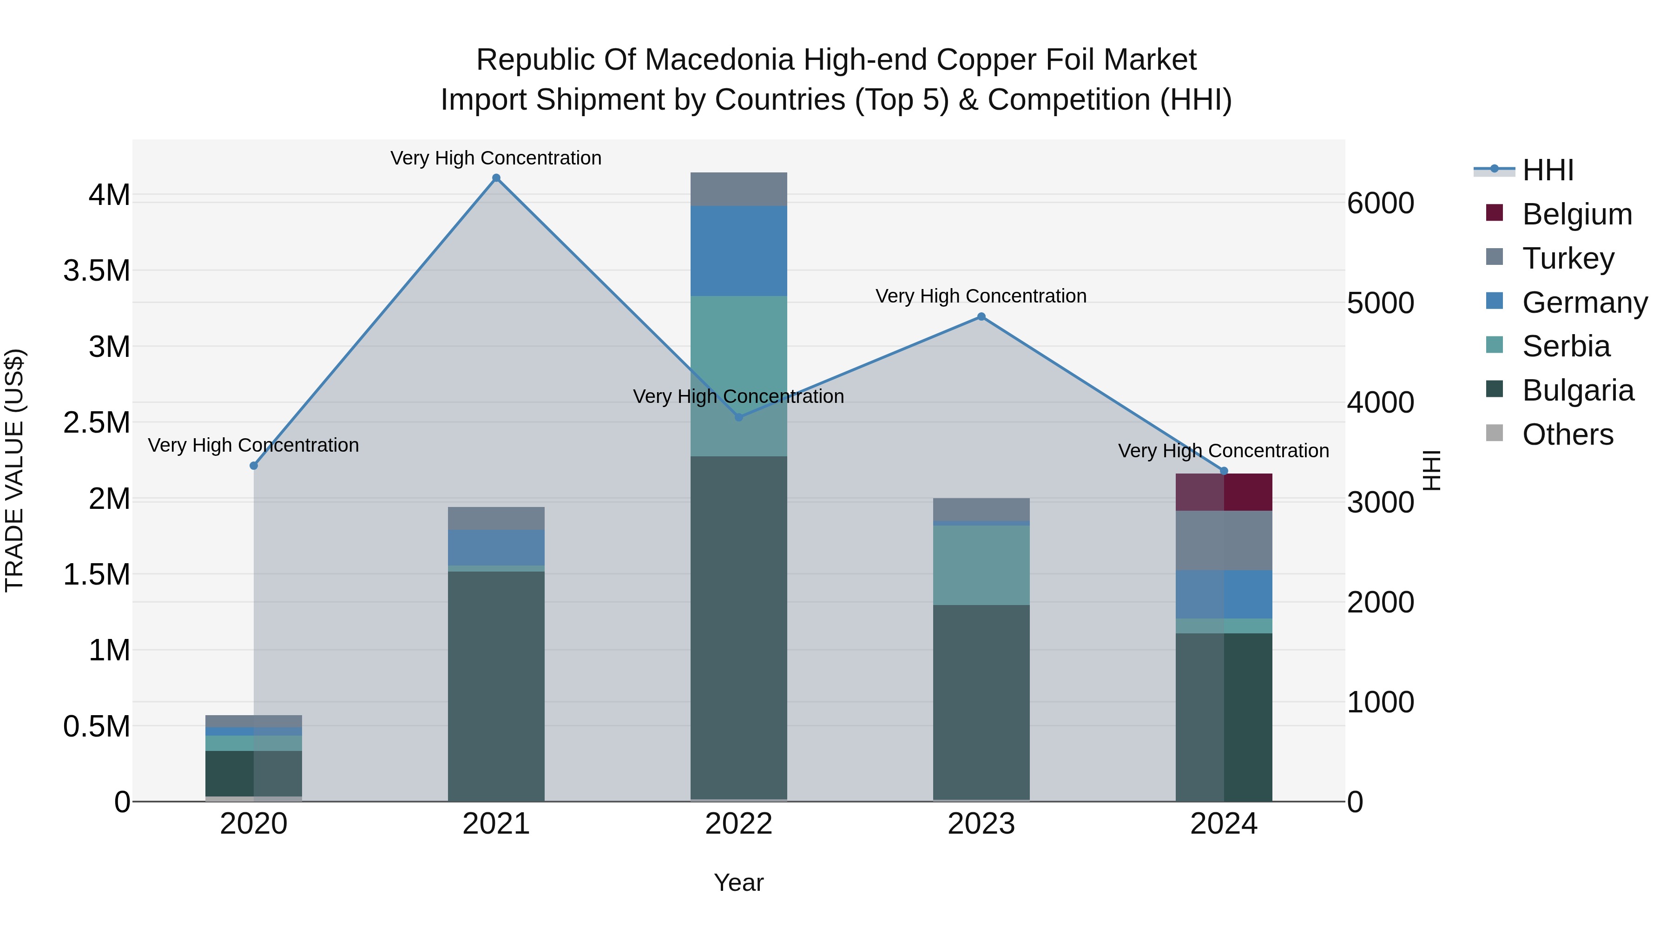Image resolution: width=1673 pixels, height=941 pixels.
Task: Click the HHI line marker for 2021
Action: (496, 178)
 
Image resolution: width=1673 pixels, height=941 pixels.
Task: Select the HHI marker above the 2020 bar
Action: (254, 466)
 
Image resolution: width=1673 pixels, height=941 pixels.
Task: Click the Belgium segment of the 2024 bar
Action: (1224, 492)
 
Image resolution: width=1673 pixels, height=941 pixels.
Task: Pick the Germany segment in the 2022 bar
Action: (738, 250)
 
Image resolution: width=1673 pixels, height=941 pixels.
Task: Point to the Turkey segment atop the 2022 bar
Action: (738, 189)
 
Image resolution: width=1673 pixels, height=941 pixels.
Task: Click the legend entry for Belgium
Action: (1576, 214)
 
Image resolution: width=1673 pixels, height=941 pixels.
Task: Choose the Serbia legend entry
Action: (1565, 346)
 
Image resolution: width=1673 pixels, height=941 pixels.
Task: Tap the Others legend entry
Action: (1567, 434)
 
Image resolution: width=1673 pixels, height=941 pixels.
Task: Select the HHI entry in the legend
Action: (1547, 170)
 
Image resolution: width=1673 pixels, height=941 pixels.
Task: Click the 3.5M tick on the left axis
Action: (97, 271)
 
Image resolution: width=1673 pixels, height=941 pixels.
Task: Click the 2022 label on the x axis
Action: (738, 824)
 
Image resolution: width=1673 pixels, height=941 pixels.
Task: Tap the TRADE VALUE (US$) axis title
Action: (15, 470)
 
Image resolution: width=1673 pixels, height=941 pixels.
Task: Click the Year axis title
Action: (738, 882)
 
